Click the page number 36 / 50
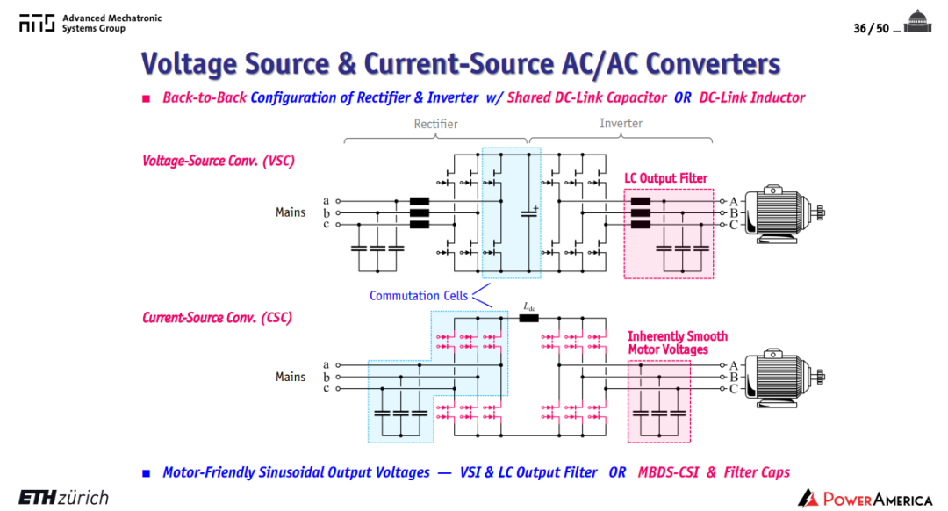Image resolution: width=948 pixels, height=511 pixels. [871, 28]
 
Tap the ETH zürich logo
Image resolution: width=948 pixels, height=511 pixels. [63, 497]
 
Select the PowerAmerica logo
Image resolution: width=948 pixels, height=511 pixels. [865, 499]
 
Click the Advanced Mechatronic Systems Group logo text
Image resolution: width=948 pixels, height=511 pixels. [111, 23]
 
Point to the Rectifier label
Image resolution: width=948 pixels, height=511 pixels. [435, 124]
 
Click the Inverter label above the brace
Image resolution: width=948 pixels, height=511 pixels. [621, 124]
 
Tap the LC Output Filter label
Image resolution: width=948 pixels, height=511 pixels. [665, 178]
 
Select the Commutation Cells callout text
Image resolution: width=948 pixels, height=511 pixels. [419, 296]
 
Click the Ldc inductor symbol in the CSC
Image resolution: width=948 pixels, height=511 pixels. [529, 318]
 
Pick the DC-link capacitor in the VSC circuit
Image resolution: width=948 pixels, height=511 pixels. [529, 212]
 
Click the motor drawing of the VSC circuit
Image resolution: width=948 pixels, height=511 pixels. [784, 213]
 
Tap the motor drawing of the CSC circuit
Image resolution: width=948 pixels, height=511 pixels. [784, 378]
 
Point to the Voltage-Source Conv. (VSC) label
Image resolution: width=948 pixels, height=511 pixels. [219, 161]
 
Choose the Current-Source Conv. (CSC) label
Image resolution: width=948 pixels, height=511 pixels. [217, 318]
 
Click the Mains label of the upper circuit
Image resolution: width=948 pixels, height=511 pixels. [291, 212]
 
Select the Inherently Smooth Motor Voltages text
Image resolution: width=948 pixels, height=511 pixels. [677, 343]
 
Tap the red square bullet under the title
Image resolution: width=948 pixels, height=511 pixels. [146, 98]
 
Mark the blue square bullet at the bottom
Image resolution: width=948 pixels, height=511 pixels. [146, 473]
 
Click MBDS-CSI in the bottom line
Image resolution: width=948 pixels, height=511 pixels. [668, 472]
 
